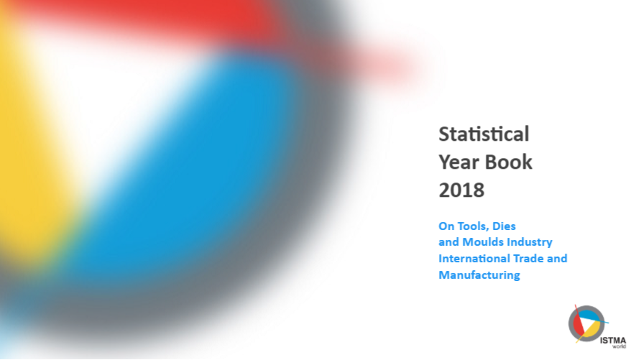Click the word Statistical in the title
(x=484, y=134)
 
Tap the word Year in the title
(x=459, y=162)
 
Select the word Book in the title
(x=509, y=162)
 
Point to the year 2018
(x=461, y=190)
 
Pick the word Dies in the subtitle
(x=504, y=226)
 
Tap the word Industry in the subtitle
(x=530, y=242)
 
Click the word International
(x=471, y=259)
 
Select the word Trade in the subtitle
(x=525, y=259)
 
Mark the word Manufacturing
(x=479, y=275)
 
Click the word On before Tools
(x=446, y=226)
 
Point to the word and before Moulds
(x=449, y=242)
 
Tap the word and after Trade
(x=557, y=259)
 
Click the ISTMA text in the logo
(x=613, y=341)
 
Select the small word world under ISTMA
(x=619, y=346)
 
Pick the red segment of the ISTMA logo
(x=577, y=326)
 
